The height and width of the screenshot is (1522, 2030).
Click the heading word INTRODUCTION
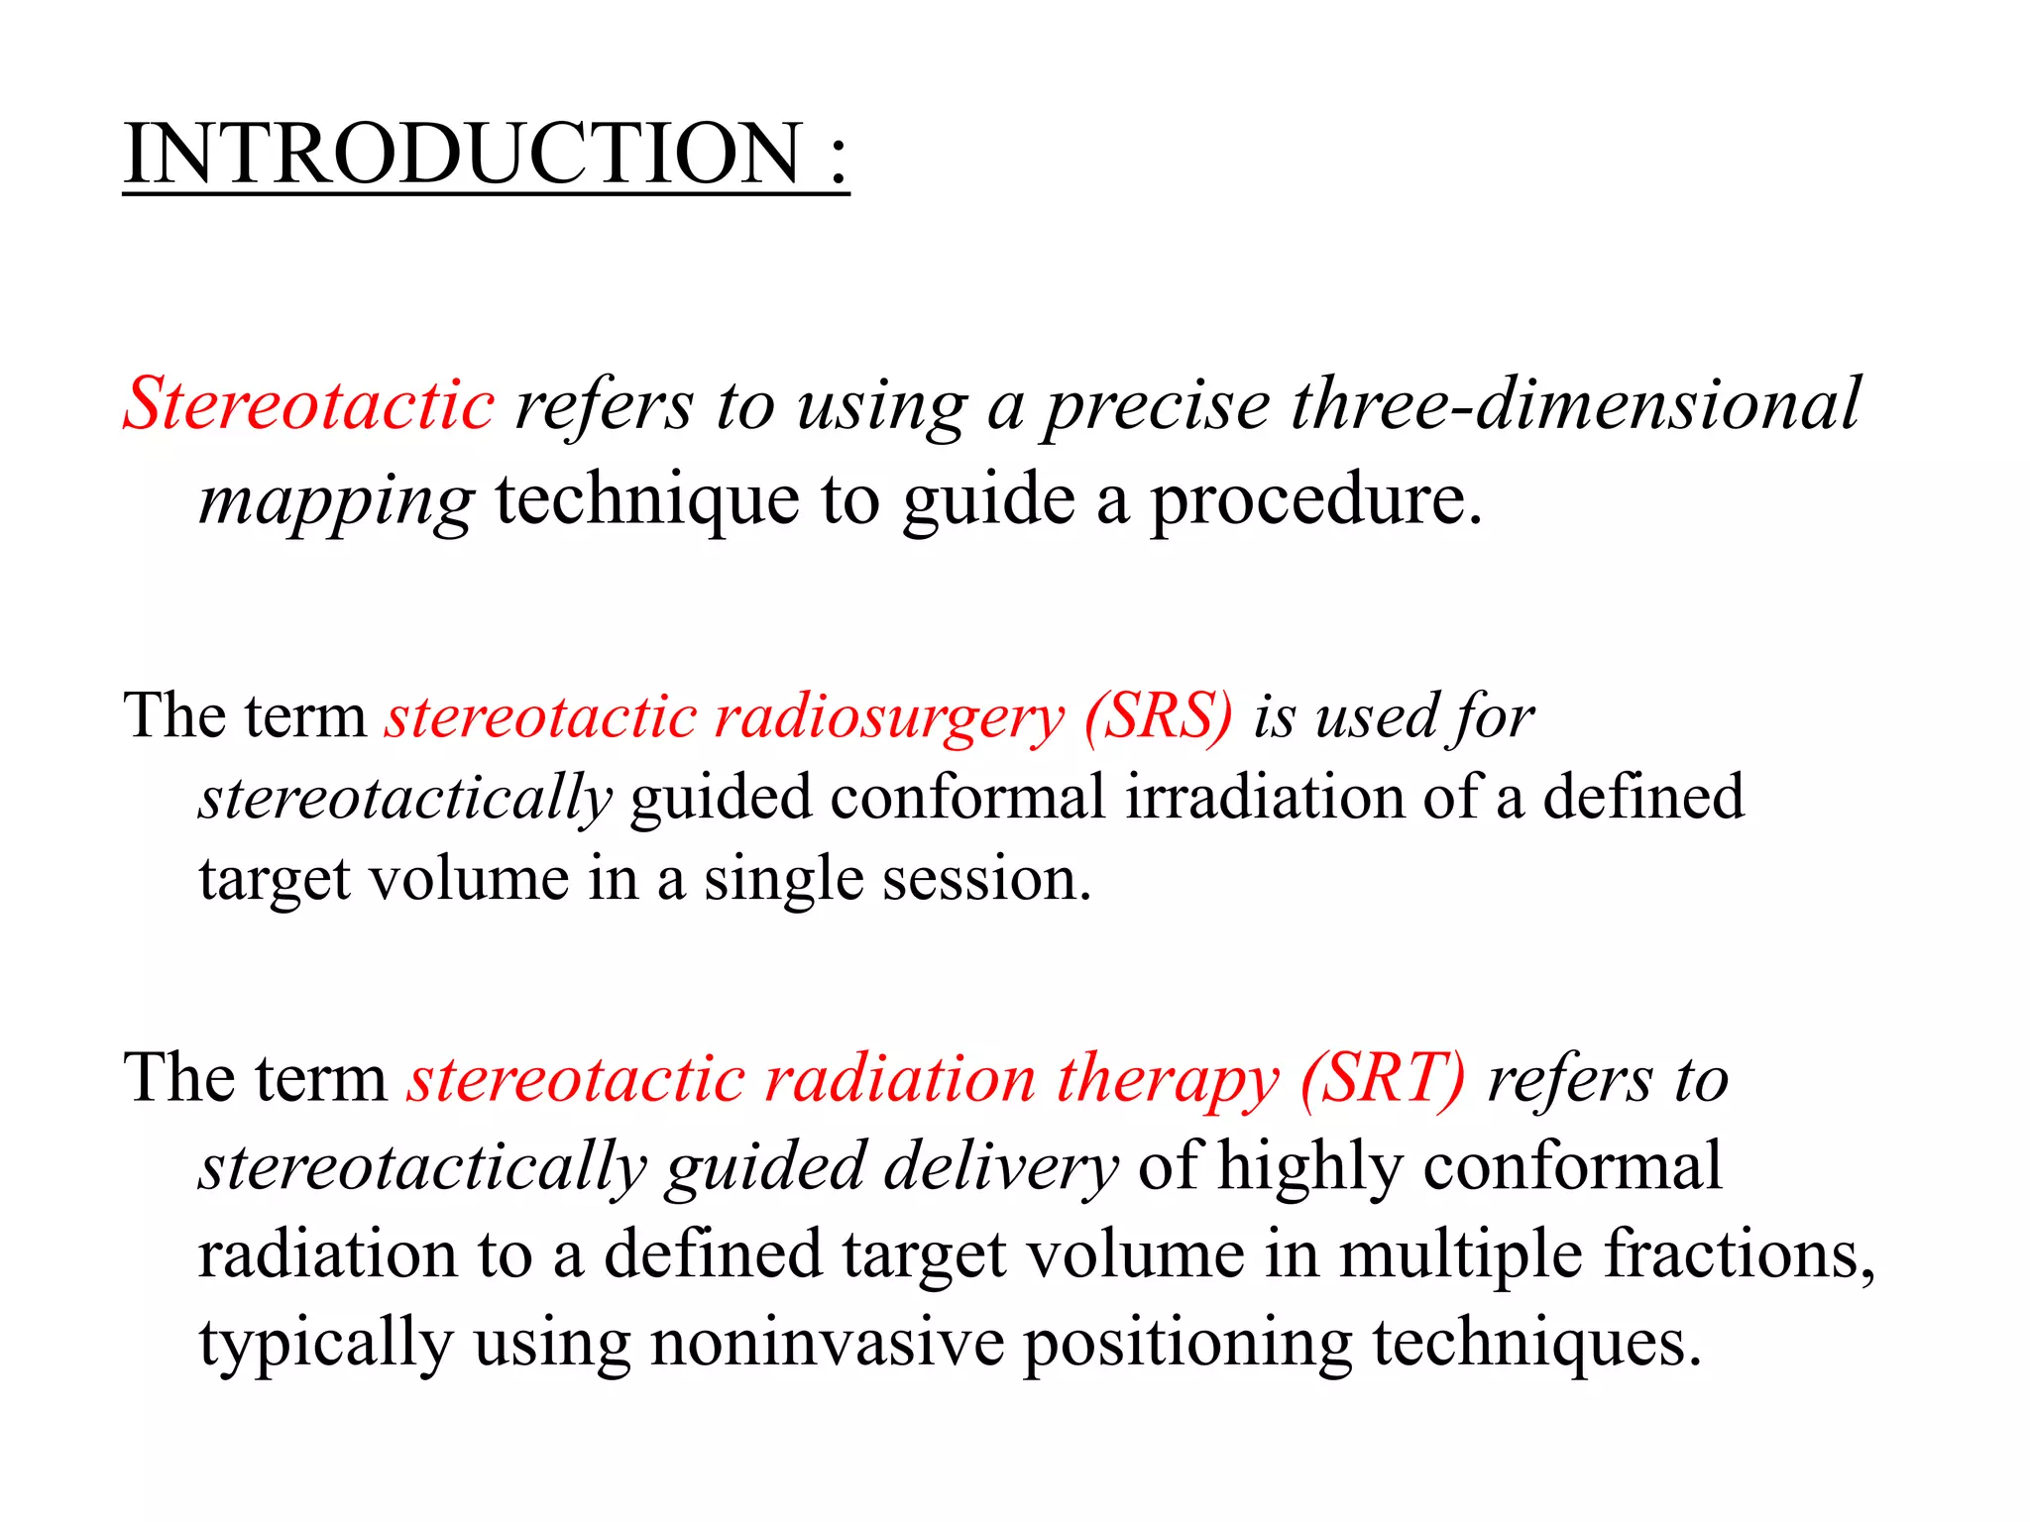[463, 154]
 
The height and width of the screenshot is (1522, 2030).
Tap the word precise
[1158, 405]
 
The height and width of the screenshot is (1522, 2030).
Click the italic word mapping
[336, 501]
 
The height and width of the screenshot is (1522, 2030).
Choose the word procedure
[1315, 499]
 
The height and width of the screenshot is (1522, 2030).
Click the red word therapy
[1168, 1080]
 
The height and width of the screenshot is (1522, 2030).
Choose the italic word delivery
[1001, 1167]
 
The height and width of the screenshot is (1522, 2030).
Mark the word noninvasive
[827, 1343]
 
